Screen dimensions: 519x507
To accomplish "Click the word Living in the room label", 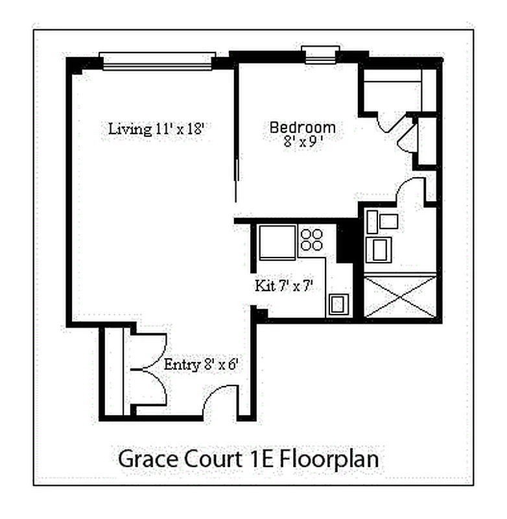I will click(x=130, y=128).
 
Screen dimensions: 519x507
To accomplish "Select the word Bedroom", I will click(x=302, y=128).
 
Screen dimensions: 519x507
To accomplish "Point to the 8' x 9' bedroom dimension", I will click(x=303, y=142).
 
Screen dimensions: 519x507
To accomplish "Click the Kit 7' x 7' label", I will click(x=284, y=285).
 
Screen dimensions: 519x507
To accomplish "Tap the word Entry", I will click(x=182, y=365).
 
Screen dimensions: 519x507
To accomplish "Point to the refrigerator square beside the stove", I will click(x=277, y=241).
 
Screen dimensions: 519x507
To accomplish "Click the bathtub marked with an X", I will click(x=400, y=296).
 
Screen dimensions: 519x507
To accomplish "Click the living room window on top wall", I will click(x=158, y=61).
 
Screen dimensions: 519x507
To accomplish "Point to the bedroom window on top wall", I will click(x=321, y=55).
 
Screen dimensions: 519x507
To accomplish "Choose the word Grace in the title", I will click(x=147, y=459).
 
